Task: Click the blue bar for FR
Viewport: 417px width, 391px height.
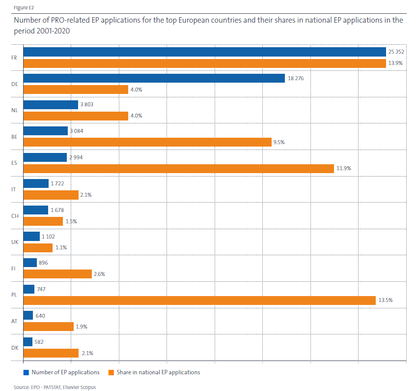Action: (x=204, y=52)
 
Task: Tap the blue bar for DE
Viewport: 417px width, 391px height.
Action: (x=154, y=78)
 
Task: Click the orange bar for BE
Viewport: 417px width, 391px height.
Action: (x=147, y=142)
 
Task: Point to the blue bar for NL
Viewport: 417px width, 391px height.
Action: (x=51, y=105)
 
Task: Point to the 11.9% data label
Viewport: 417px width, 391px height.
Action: (x=344, y=168)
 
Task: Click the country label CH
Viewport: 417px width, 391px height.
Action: (x=14, y=216)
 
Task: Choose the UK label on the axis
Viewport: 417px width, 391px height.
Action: (x=14, y=242)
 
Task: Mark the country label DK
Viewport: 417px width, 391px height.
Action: (x=14, y=348)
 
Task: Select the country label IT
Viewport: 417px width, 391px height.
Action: (x=14, y=189)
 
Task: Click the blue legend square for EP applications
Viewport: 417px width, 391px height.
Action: (x=26, y=372)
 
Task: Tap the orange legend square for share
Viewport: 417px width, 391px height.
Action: (x=111, y=372)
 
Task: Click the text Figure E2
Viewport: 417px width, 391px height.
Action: (x=24, y=8)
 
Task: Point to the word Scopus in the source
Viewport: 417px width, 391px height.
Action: (x=87, y=387)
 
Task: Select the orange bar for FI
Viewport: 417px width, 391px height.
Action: (x=57, y=274)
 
